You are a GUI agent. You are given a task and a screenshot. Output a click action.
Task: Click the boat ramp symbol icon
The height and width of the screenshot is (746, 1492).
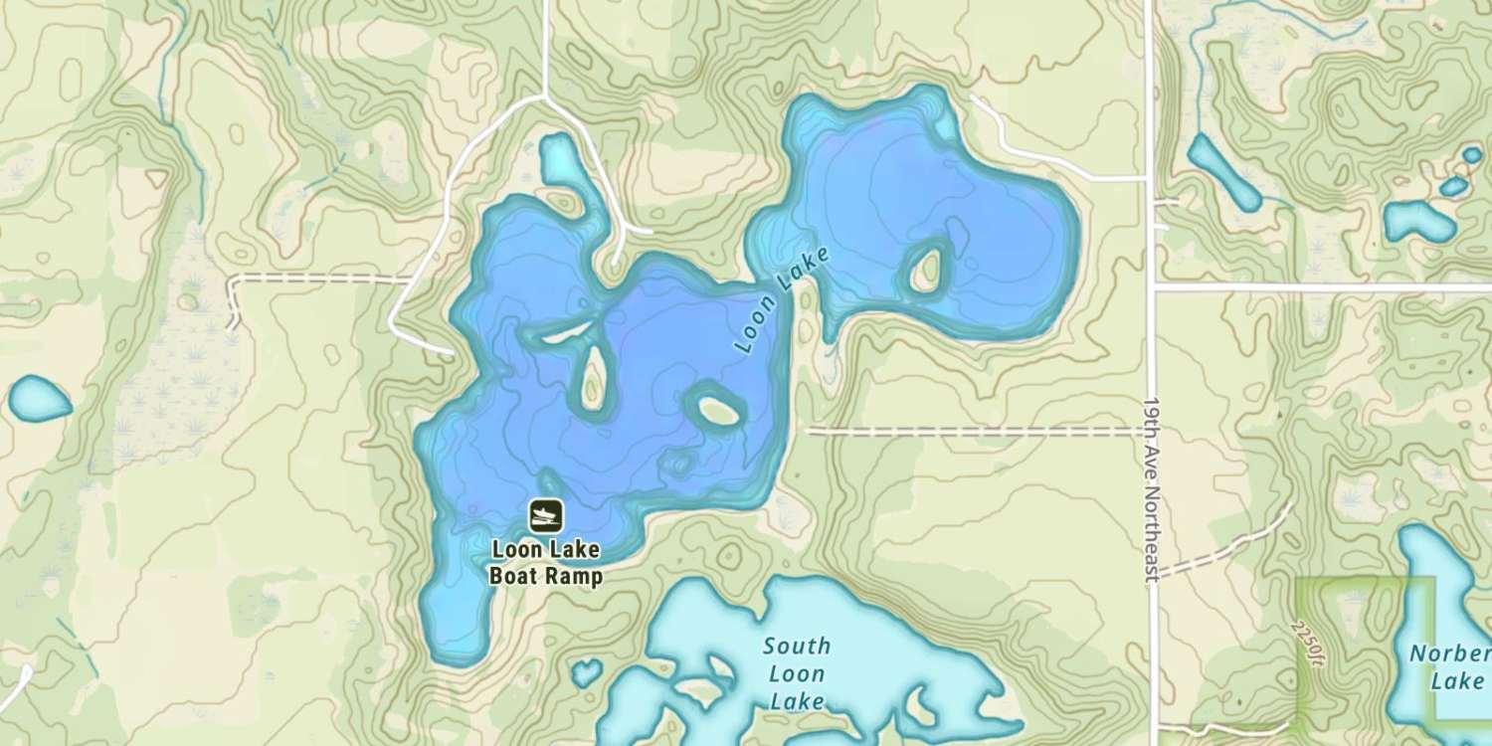tap(545, 515)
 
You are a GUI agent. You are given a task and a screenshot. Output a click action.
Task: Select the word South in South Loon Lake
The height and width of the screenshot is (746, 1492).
tap(797, 646)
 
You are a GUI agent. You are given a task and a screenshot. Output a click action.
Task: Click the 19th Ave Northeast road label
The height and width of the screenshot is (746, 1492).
tap(1151, 491)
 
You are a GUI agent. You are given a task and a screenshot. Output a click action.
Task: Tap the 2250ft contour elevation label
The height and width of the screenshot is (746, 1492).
tap(1307, 640)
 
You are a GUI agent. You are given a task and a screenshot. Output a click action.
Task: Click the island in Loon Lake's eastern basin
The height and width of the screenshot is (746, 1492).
tap(925, 269)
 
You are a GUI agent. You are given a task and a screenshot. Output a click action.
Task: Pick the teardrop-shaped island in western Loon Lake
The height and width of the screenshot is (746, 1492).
tap(593, 378)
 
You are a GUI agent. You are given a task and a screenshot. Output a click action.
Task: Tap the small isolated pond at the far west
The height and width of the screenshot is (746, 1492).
tap(39, 398)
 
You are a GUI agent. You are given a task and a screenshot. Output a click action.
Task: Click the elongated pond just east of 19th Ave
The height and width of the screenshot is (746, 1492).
tap(1222, 172)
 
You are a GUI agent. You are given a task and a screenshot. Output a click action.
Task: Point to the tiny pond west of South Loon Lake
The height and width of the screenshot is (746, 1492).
tap(587, 673)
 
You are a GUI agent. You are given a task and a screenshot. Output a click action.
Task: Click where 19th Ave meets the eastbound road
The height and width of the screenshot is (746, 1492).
tap(1152, 288)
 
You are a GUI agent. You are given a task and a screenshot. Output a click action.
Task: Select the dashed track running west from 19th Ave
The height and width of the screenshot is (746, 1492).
tap(975, 432)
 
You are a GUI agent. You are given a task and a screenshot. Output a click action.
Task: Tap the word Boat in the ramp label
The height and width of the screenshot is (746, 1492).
tap(514, 576)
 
